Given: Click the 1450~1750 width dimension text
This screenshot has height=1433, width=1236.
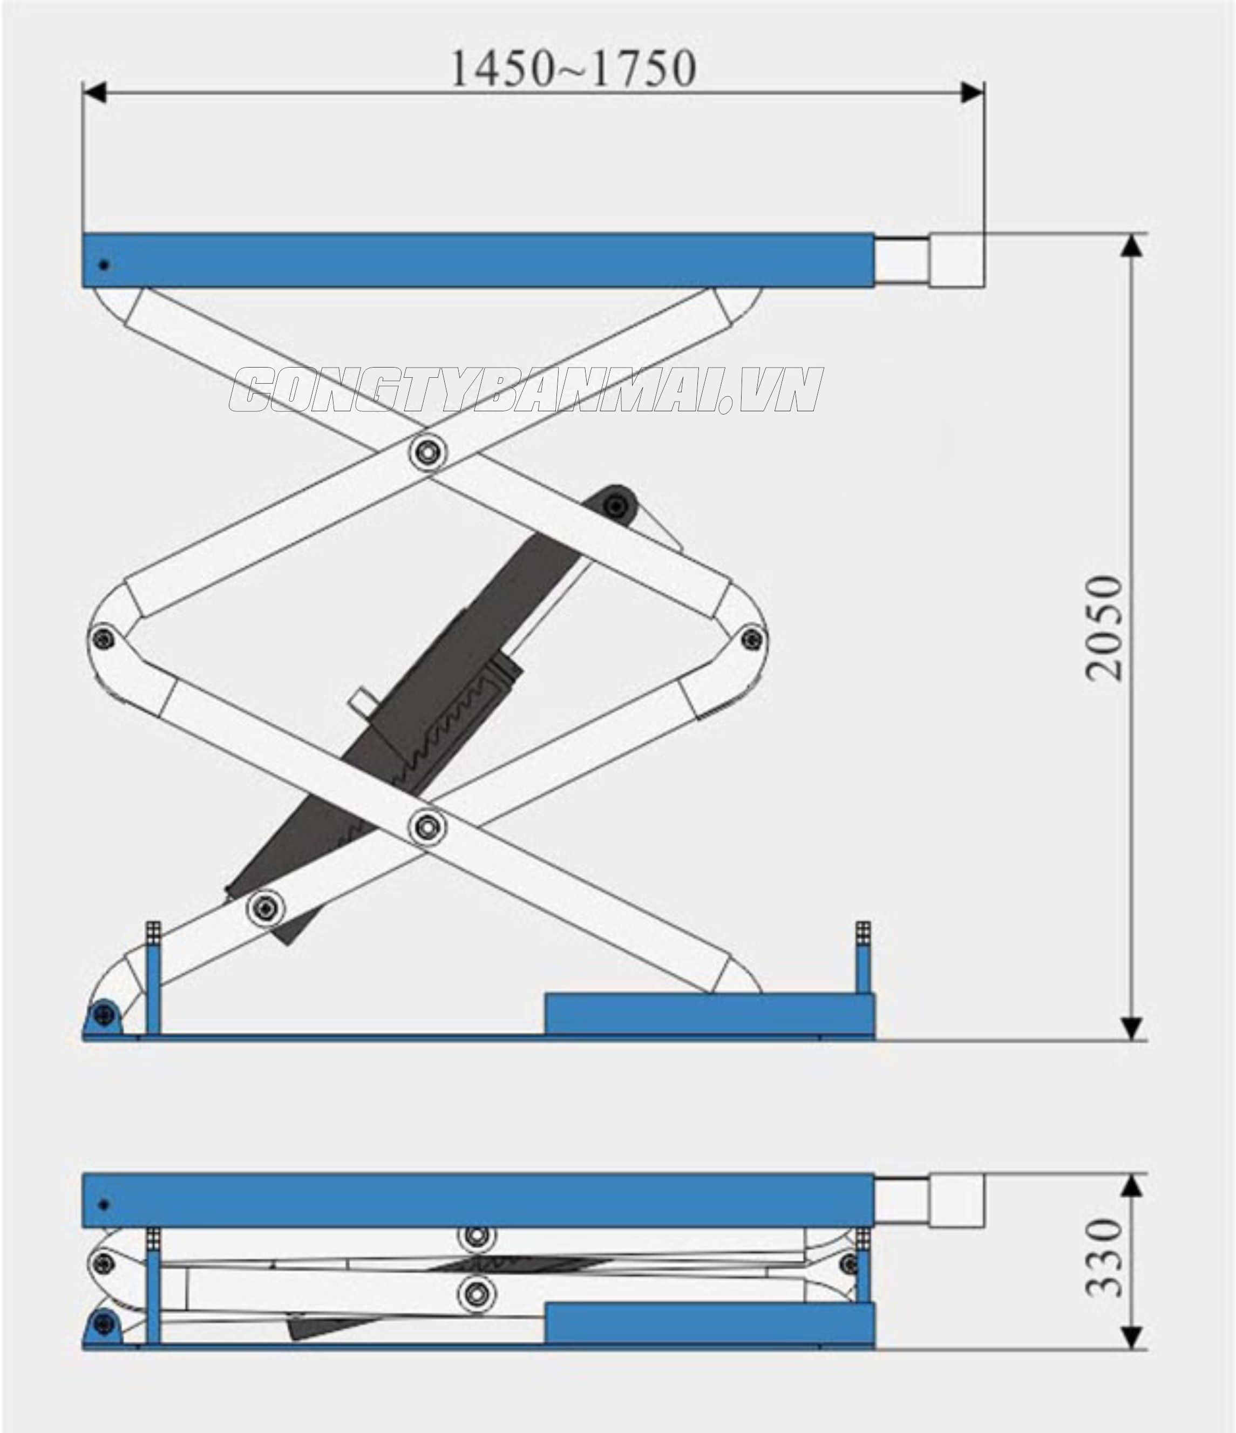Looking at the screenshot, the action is click(x=573, y=69).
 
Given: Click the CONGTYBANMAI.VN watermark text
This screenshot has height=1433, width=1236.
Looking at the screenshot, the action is click(x=526, y=391).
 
